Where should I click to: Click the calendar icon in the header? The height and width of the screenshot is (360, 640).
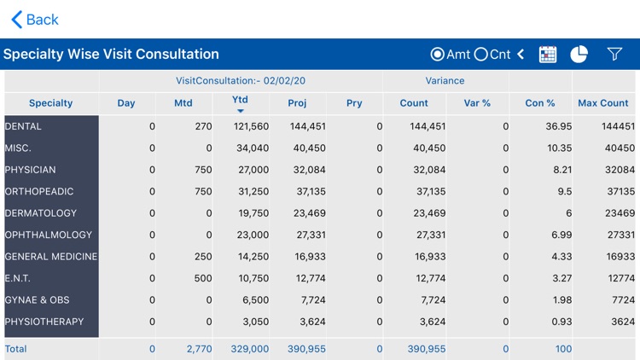(x=548, y=55)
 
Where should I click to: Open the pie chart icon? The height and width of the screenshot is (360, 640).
(x=579, y=55)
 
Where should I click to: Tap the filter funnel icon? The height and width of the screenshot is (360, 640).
(x=614, y=55)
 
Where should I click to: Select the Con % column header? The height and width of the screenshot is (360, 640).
(x=540, y=103)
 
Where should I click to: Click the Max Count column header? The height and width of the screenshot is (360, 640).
(x=603, y=103)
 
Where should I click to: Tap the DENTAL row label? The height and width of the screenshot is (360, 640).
(x=24, y=126)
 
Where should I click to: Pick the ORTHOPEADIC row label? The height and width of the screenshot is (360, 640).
(x=39, y=192)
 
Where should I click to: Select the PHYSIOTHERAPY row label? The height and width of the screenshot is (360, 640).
(x=44, y=322)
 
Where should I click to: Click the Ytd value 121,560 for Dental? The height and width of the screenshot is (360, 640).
(x=251, y=126)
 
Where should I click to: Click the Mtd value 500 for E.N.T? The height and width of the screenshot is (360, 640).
(x=203, y=278)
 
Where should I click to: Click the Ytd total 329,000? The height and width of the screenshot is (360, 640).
(x=250, y=349)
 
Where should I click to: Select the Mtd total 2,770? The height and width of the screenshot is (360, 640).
(x=199, y=349)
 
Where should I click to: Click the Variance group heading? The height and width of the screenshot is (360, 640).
(x=445, y=81)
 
